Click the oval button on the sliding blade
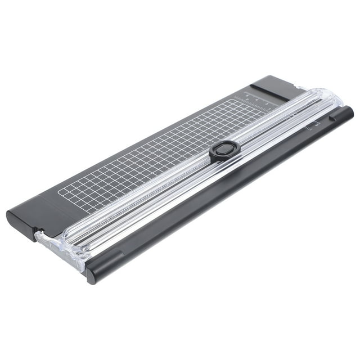225,150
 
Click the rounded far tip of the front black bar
348,111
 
